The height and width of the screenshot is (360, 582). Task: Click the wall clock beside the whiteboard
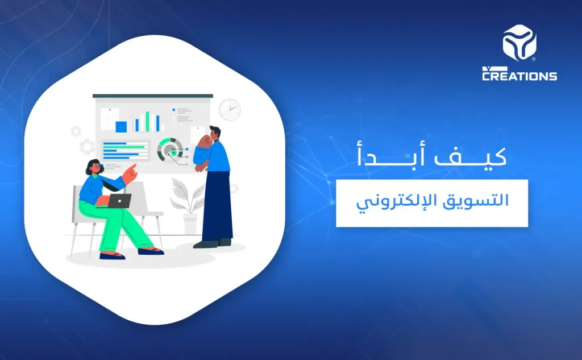[x=230, y=109]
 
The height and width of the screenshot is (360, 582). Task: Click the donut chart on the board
[x=169, y=150]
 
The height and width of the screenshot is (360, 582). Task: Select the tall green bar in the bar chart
[x=148, y=121]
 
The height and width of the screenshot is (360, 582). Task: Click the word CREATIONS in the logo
[x=519, y=75]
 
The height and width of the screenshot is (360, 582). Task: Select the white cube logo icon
[x=519, y=42]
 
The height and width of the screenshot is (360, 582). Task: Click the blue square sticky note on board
[x=121, y=126]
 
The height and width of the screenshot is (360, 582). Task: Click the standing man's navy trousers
[x=217, y=205]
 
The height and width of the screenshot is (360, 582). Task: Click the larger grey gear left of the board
[x=86, y=146]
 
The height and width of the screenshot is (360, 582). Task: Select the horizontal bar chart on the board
[x=124, y=151]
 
